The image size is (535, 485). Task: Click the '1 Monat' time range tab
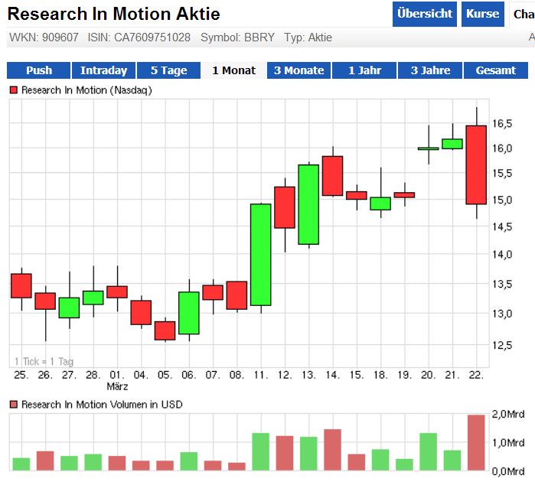click(x=233, y=70)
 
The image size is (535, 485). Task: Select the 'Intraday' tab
click(x=103, y=70)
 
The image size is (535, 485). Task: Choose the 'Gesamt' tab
click(x=496, y=70)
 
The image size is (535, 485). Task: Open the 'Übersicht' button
click(x=425, y=14)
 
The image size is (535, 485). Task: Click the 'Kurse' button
click(x=482, y=14)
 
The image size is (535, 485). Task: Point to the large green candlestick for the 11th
click(x=261, y=255)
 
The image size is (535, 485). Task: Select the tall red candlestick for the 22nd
click(x=476, y=164)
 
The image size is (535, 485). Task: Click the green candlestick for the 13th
click(x=308, y=204)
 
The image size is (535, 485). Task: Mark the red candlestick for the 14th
click(x=332, y=176)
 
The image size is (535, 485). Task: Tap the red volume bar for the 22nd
click(x=476, y=442)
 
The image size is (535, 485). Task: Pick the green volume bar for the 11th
click(x=261, y=451)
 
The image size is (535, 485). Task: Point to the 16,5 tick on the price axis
click(x=502, y=124)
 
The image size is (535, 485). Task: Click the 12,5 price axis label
click(x=502, y=345)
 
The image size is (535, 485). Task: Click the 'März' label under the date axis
click(x=117, y=386)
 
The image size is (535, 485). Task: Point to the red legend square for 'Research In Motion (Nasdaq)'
click(x=13, y=90)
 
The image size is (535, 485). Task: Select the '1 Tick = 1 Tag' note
click(x=44, y=361)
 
